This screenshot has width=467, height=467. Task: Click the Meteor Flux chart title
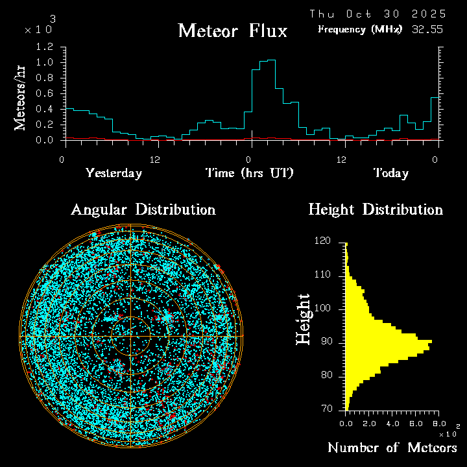(x=232, y=30)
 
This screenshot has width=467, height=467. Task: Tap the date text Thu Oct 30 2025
(x=377, y=14)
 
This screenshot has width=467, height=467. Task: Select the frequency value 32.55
(x=428, y=29)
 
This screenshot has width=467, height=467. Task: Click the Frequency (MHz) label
(x=360, y=29)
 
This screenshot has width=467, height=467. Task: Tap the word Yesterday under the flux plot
(x=114, y=173)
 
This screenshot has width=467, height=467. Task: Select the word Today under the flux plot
(x=390, y=173)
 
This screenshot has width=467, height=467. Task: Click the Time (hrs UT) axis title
(x=249, y=173)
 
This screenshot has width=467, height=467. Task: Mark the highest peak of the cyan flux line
(x=271, y=60)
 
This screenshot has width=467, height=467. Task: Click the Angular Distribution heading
(x=143, y=210)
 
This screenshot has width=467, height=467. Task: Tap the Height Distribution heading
(x=375, y=210)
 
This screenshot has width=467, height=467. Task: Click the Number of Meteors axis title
(x=392, y=448)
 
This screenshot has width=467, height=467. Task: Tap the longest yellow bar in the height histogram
(x=389, y=341)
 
